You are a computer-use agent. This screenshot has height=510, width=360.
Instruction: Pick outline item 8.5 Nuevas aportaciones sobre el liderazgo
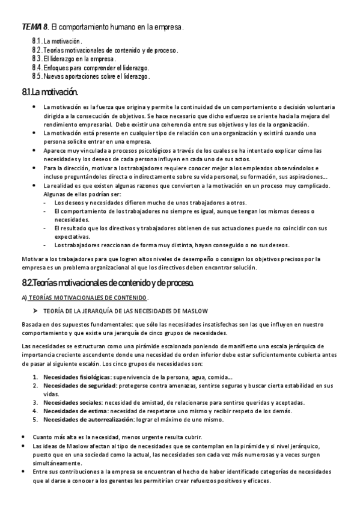(x=91, y=76)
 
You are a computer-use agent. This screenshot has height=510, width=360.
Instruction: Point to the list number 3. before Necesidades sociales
(x=35, y=402)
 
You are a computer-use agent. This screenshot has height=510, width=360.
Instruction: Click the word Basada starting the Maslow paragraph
(x=32, y=325)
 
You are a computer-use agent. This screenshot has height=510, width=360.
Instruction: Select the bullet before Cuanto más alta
(x=23, y=437)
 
